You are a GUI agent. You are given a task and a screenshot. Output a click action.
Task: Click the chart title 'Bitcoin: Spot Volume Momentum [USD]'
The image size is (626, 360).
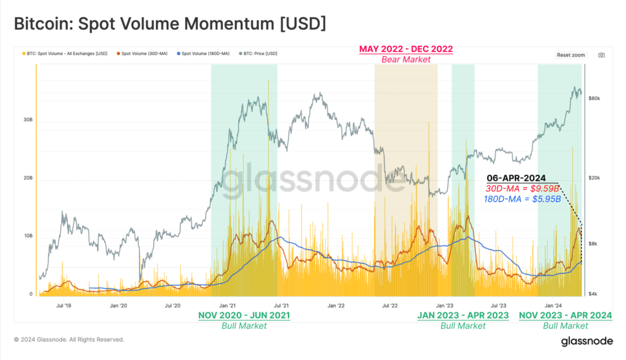(x=170, y=24)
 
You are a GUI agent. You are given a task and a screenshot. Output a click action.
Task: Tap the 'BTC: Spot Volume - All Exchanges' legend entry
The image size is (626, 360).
(x=67, y=54)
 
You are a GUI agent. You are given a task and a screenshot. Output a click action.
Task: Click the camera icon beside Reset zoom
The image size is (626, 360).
(x=602, y=55)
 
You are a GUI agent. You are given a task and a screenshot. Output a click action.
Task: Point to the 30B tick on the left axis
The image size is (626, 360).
(x=28, y=120)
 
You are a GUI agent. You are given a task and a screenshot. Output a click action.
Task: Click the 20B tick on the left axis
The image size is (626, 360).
(x=28, y=178)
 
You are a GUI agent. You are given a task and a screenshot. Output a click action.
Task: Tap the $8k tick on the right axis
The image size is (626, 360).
(x=592, y=244)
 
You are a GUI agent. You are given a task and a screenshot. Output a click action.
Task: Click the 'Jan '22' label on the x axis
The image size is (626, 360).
(x=336, y=305)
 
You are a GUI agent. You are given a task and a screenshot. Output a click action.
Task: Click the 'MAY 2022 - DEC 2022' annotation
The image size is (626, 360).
(x=406, y=49)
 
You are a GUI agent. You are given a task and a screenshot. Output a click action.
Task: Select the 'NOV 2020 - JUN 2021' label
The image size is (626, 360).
(x=244, y=315)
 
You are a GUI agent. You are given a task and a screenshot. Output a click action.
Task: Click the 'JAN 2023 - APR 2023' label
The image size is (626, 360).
(x=463, y=315)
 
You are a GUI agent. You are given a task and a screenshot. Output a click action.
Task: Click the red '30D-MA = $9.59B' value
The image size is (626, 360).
(x=525, y=188)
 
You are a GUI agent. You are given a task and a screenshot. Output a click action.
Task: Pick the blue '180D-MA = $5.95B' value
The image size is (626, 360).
(x=522, y=199)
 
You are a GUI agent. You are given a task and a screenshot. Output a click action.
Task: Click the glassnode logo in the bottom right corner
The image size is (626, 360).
(x=586, y=342)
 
